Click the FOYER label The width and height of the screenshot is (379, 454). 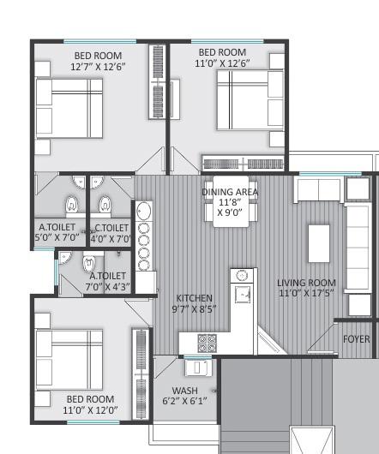357,339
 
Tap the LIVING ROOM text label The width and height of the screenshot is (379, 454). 306,283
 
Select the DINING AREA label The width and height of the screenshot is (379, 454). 230,191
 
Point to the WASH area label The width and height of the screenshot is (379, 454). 184,391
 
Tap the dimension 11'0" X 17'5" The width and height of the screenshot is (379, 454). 306,294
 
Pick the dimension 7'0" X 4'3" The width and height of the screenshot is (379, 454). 107,287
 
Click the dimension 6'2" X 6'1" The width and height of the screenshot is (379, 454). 184,401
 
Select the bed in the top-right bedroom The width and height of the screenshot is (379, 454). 250,99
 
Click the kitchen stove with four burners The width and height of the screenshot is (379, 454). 208,343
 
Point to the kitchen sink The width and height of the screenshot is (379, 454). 243,293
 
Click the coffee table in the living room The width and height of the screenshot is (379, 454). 319,243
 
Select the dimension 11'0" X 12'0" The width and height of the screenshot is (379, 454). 91,410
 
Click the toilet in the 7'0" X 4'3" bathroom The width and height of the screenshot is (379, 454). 87,264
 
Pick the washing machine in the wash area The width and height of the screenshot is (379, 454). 201,367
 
